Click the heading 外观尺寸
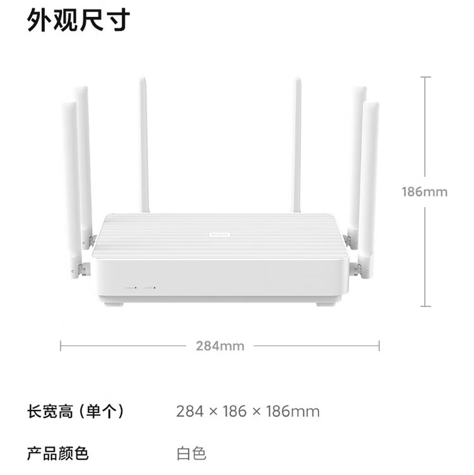pyautogui.click(x=78, y=21)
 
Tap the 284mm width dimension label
pyautogui.click(x=220, y=346)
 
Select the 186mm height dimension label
pyautogui.click(x=424, y=191)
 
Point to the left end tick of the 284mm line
pyautogui.click(x=61, y=346)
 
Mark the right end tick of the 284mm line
pyautogui.click(x=379, y=346)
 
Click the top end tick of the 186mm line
pyautogui.click(x=425, y=78)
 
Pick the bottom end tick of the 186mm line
pyautogui.click(x=425, y=306)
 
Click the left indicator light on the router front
pyautogui.click(x=135, y=287)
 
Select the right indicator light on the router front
pyautogui.click(x=154, y=287)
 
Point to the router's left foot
pyautogui.click(x=114, y=304)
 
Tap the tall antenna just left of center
pyautogui.click(x=144, y=145)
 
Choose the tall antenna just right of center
pyautogui.click(x=296, y=145)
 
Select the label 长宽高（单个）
pyautogui.click(x=75, y=412)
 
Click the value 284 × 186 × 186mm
pyautogui.click(x=248, y=412)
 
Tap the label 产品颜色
pyautogui.click(x=58, y=453)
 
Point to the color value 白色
pyautogui.click(x=191, y=453)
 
